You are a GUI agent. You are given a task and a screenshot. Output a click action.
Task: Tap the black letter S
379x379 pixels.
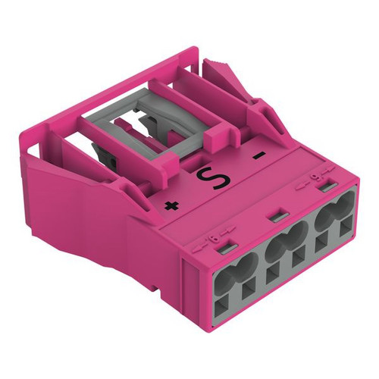[x=214, y=177]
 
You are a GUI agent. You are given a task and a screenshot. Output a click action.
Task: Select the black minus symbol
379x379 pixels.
[x=259, y=156]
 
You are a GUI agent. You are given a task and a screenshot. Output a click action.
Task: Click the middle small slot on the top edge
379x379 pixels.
[x=277, y=218]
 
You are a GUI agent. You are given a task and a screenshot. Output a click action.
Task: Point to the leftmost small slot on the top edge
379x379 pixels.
[x=227, y=249]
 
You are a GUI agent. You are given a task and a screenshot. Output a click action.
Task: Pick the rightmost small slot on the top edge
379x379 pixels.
[x=327, y=187]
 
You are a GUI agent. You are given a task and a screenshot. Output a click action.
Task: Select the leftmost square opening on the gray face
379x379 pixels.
[x=222, y=309]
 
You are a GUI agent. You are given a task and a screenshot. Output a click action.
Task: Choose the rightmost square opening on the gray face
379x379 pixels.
[x=346, y=226]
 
